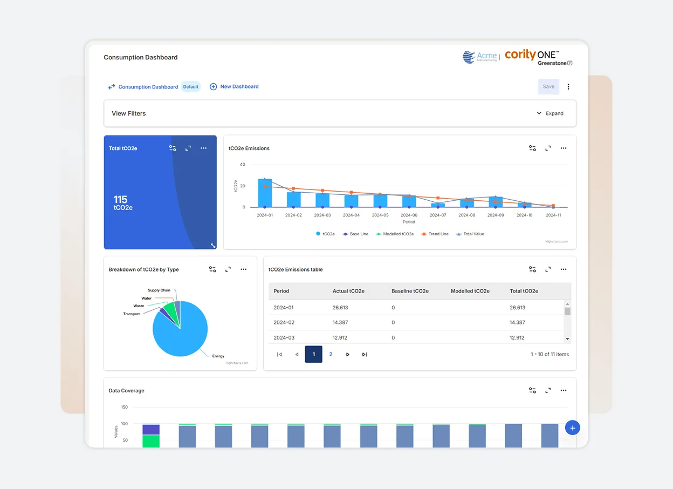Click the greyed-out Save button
(x=548, y=86)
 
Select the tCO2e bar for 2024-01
(x=265, y=193)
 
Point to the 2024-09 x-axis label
(x=496, y=215)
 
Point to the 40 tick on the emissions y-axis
(x=242, y=165)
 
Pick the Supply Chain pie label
(x=159, y=290)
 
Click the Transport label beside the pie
(x=131, y=314)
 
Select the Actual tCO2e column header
(x=348, y=291)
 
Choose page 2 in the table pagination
(x=331, y=355)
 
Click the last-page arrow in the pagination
(x=365, y=355)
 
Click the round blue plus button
(x=572, y=428)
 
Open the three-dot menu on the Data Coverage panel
(x=564, y=390)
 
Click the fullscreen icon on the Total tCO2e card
(x=188, y=148)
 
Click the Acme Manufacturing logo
(x=479, y=57)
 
